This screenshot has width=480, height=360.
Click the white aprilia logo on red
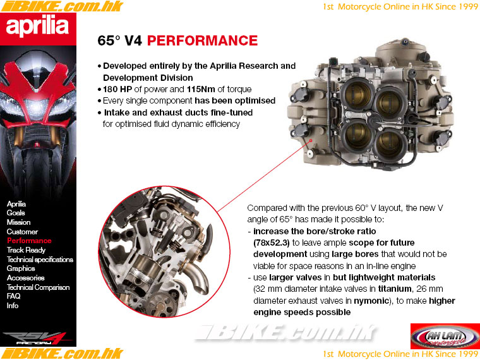pos(37,27)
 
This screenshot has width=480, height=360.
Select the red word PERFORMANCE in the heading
pos(202,40)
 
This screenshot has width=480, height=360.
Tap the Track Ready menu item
pos(26,250)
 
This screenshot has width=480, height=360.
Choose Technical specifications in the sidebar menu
pos(40,260)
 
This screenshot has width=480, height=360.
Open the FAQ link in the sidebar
pos(13,296)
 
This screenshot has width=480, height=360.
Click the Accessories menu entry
pos(25,278)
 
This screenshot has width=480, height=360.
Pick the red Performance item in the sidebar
pos(29,241)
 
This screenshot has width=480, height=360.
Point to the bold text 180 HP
pos(117,89)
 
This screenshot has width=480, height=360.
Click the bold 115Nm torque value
pos(201,89)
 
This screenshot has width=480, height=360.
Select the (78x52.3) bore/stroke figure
pos(271,243)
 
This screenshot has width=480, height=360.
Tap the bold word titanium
pos(395,289)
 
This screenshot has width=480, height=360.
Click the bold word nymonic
pos(371,301)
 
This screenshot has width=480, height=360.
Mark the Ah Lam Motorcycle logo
pos(445,337)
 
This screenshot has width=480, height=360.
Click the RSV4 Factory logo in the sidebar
pos(37,339)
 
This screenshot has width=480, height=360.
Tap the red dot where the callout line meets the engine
pos(310,141)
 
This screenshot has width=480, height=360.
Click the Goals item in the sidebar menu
pos(16,213)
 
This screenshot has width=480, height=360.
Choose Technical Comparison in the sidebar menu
pos(38,287)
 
